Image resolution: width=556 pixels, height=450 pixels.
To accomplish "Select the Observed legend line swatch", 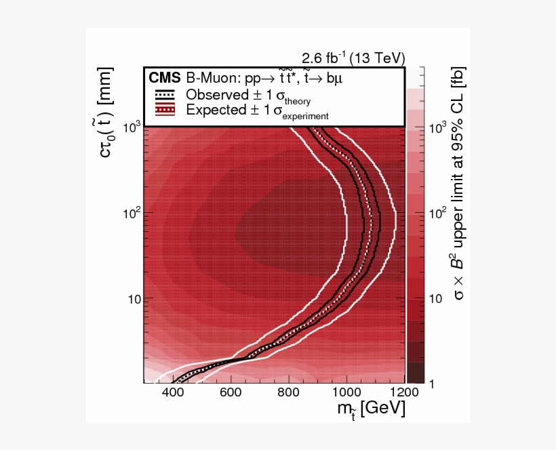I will pos(165,95).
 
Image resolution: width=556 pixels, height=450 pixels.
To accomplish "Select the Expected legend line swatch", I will pos(165,110).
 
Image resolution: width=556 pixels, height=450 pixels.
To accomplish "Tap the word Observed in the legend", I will pos(217,95).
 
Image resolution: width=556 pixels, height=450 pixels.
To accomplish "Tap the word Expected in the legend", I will pos(218,110).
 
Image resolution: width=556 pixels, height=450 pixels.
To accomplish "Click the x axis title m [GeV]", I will pos(370,411).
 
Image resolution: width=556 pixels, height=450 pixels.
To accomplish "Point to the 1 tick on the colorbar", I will pos(431,384).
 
